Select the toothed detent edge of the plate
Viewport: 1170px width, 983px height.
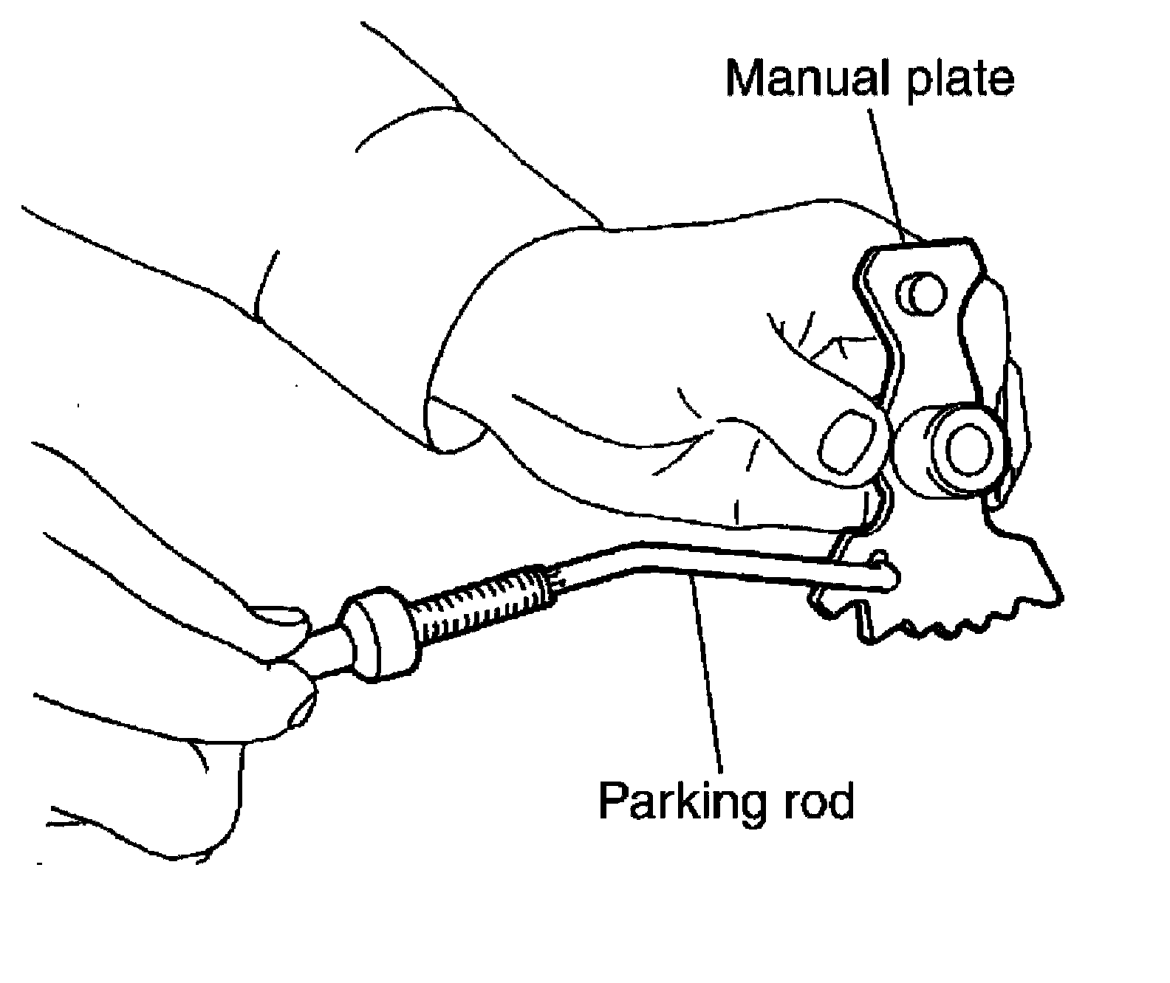tap(953, 624)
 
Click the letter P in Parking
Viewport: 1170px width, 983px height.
tap(612, 800)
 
